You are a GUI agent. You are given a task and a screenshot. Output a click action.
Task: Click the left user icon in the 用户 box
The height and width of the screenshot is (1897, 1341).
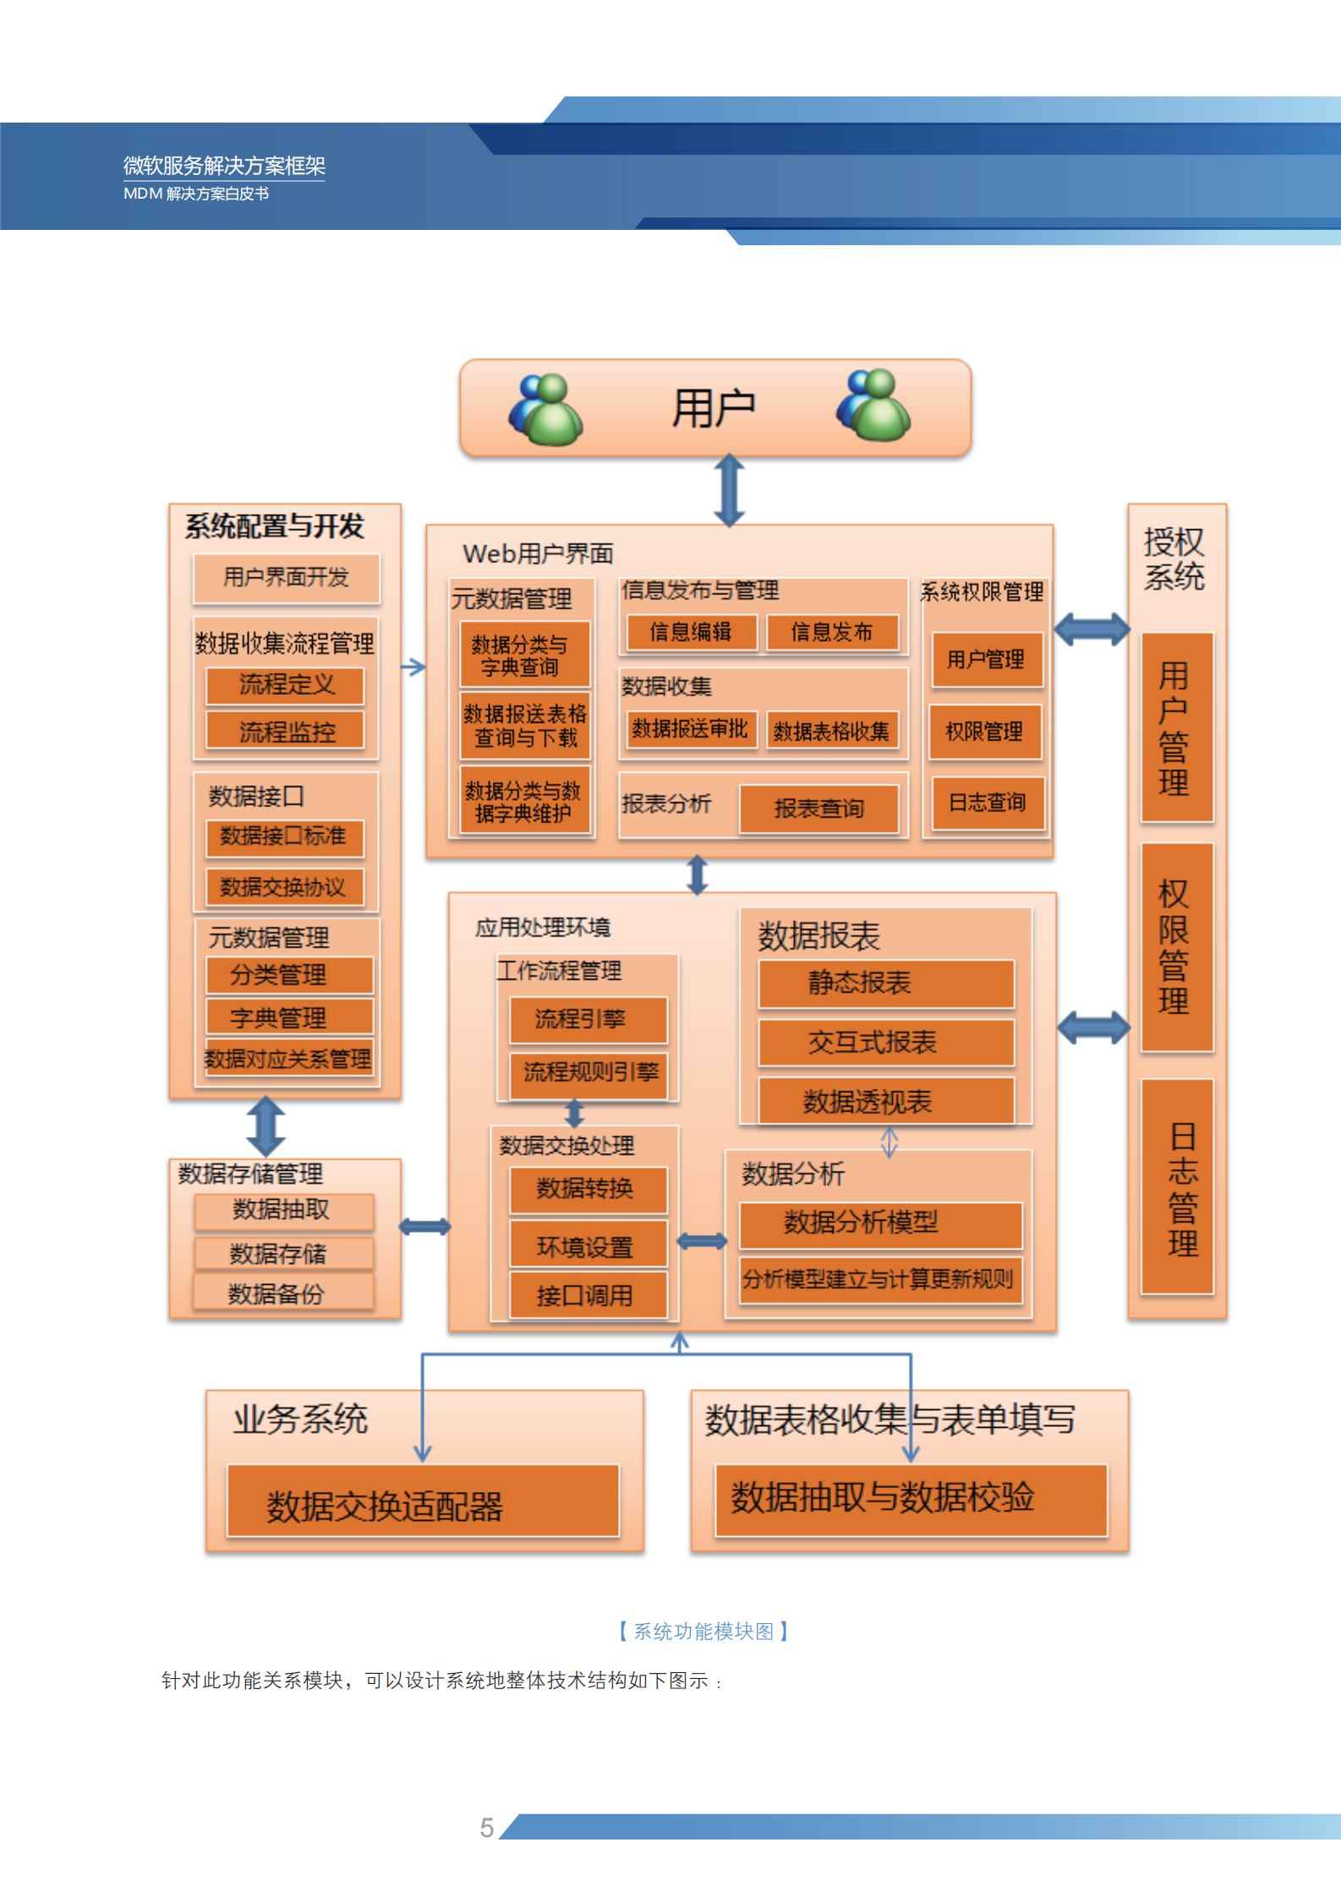[x=545, y=410]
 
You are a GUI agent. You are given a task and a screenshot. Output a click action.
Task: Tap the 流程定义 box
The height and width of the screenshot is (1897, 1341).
[x=286, y=685]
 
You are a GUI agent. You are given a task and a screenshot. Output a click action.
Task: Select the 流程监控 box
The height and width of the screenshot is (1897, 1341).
[x=286, y=731]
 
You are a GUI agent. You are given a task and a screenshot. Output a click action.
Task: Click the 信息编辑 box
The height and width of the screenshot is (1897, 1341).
[x=691, y=632]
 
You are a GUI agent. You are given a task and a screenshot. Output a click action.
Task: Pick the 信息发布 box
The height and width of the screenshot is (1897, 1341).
[x=832, y=632]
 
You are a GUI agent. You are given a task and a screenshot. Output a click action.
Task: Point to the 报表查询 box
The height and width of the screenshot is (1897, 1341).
[x=818, y=809]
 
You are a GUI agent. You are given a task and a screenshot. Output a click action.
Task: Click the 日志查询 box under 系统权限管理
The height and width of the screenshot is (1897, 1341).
[x=987, y=802]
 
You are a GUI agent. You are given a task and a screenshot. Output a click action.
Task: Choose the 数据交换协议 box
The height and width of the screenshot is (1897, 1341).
[x=284, y=887]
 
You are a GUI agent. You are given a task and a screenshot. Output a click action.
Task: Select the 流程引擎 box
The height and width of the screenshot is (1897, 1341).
[x=588, y=1020]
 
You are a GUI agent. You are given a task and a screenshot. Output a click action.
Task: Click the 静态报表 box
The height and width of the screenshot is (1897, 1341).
[x=885, y=983]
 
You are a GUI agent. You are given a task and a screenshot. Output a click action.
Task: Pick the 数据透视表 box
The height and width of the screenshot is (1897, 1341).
[x=885, y=1102]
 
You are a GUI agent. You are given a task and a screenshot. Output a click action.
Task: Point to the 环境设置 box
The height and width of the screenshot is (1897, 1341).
[x=588, y=1246]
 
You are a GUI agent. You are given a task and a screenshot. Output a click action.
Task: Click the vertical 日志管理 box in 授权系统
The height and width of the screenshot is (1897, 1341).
[x=1176, y=1187]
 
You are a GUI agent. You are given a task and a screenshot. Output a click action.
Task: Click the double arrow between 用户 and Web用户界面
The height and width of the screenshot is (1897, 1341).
[x=729, y=490]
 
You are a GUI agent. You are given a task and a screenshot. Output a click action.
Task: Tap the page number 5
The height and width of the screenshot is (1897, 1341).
[x=487, y=1828]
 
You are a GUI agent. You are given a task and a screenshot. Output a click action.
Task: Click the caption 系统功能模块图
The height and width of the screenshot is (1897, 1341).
[x=703, y=1631]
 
